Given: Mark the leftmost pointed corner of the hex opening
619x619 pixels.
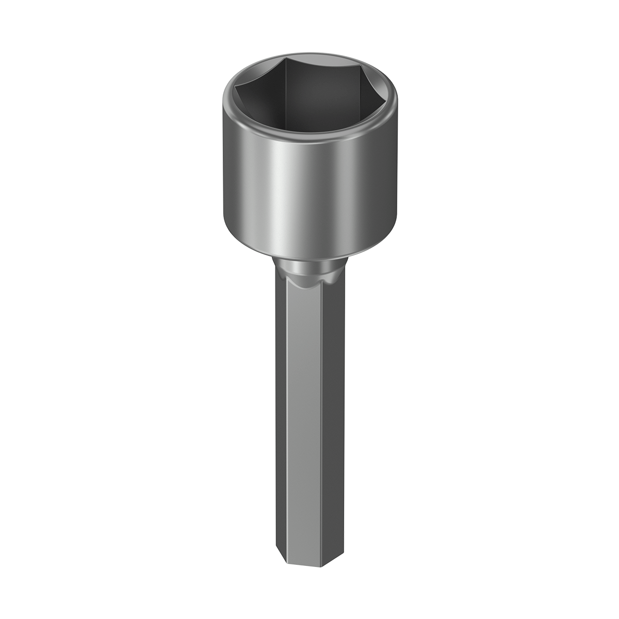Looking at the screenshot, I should tap(235, 93).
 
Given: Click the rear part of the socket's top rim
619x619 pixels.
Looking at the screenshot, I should tap(309, 54).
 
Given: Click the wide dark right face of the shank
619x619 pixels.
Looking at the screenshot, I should tap(333, 413).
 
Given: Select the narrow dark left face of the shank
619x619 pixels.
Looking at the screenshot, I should tap(278, 413).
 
